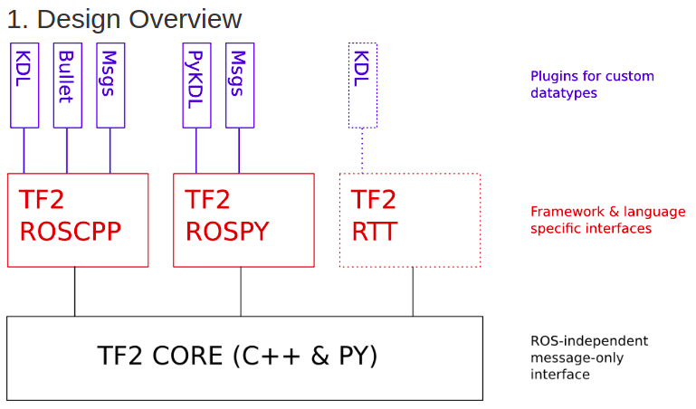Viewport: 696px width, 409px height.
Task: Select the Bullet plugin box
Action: coord(67,84)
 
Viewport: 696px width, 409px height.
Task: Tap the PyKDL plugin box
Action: coord(196,84)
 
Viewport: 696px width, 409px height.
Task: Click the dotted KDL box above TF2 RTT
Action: coord(362,84)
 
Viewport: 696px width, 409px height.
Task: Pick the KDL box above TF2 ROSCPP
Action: coord(24,84)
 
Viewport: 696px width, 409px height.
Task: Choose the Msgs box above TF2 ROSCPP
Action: coord(110,84)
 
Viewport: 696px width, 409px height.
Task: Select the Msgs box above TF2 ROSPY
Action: coord(240,84)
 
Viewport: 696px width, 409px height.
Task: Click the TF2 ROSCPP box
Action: coord(78,220)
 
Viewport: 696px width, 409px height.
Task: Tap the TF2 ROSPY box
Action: coord(243,220)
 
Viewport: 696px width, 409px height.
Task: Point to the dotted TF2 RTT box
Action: coord(409,220)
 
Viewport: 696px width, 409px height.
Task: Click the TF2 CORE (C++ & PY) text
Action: coord(237,356)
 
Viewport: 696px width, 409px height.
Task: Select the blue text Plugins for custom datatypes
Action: coord(592,84)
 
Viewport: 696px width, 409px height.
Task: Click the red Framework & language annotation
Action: coord(607,220)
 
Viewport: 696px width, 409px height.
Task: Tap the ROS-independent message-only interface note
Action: coord(588,357)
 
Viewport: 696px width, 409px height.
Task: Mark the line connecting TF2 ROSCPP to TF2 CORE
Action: coord(75,291)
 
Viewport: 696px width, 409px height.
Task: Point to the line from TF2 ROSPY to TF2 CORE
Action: coord(241,291)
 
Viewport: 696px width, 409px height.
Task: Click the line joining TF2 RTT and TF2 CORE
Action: coord(414,291)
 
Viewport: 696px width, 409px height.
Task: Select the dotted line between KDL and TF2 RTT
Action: coord(362,150)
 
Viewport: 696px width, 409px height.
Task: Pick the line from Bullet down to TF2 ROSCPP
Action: coord(67,150)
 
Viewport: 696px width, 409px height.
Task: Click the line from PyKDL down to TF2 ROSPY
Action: coord(196,150)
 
